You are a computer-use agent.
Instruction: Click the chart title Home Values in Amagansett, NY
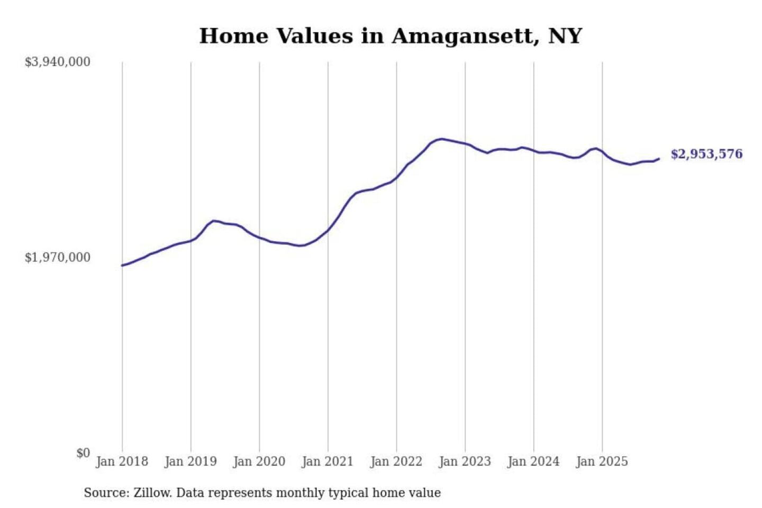[x=391, y=36]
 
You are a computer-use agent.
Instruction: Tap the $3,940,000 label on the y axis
[x=57, y=62]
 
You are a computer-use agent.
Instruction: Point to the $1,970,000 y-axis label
[x=57, y=257]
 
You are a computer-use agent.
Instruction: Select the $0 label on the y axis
[x=83, y=453]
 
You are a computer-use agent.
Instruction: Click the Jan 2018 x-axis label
[x=122, y=461]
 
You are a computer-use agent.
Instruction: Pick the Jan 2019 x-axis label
[x=190, y=461]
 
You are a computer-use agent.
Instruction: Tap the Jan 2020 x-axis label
[x=259, y=461]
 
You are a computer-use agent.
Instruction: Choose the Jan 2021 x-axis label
[x=327, y=461]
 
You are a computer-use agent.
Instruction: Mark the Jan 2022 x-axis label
[x=396, y=461]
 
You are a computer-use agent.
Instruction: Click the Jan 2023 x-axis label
[x=465, y=461]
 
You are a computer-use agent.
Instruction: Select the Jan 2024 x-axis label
[x=533, y=461]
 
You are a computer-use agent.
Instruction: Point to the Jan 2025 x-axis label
[x=602, y=461]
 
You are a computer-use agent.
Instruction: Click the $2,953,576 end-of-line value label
[x=706, y=154]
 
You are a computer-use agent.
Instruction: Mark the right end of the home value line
[x=659, y=158]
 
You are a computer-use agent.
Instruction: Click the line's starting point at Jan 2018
[x=122, y=265]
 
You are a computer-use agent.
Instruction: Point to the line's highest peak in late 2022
[x=442, y=139]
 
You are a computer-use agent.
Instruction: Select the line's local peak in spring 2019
[x=213, y=221]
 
